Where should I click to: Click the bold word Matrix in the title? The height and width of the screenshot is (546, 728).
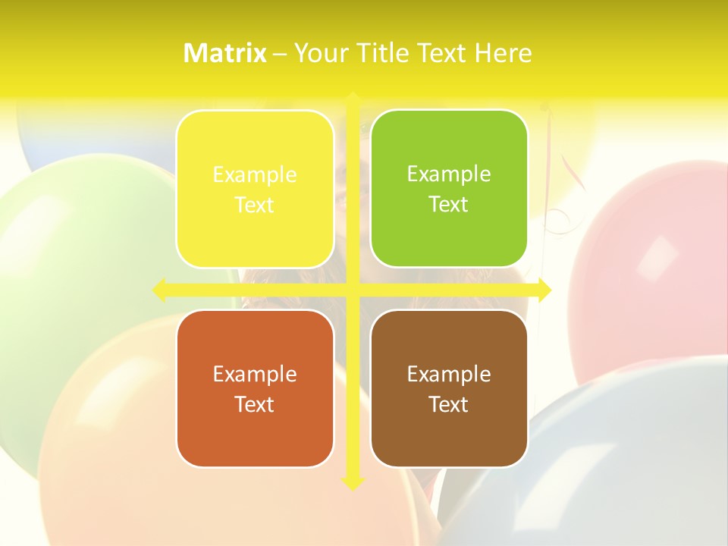coord(225,53)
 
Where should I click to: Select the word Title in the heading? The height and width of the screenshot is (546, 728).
coord(387,53)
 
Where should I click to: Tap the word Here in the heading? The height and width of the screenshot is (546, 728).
coord(503,53)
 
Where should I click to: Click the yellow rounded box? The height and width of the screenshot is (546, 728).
coord(255,189)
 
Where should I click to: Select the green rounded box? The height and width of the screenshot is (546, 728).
coord(449,189)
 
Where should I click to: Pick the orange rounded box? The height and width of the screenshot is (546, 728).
coord(255,388)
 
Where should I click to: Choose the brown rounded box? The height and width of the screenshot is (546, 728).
coord(449,388)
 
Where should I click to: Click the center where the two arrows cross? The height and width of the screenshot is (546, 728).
coord(353,289)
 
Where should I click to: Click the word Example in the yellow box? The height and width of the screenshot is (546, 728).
coord(255,175)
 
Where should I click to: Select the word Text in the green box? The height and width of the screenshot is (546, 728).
coord(449,205)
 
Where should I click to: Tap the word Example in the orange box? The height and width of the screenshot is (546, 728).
coord(255,375)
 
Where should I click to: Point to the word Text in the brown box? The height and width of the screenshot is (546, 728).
coord(449,404)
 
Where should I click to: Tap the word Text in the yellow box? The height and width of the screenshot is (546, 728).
coord(255,206)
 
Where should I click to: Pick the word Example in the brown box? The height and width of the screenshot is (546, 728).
coord(449,375)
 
